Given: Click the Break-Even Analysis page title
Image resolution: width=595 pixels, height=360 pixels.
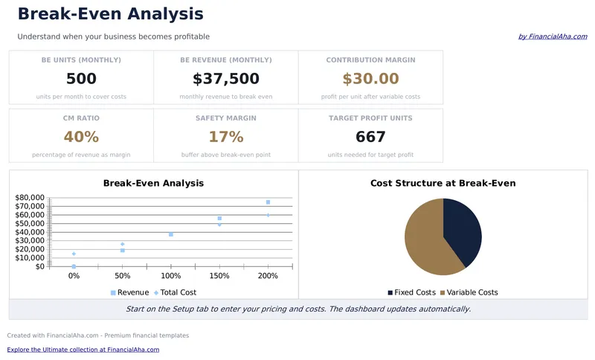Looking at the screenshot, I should (x=110, y=14).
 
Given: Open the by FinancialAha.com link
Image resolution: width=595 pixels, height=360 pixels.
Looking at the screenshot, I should (x=553, y=36).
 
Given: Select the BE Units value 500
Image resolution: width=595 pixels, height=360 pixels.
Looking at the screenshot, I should (x=81, y=79).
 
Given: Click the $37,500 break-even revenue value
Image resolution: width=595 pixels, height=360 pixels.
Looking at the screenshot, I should (x=226, y=79).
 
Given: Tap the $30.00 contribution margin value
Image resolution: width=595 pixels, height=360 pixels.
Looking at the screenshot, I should (x=370, y=79).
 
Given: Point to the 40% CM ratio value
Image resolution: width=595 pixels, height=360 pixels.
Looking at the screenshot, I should (x=81, y=137).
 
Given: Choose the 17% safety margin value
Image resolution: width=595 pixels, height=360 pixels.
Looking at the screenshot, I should (x=226, y=137).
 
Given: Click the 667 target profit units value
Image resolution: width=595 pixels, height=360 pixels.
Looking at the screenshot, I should (x=370, y=137).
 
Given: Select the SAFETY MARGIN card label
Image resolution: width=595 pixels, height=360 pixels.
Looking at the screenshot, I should (x=226, y=118).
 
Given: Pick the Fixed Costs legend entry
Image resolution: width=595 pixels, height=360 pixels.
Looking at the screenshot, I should (x=412, y=292).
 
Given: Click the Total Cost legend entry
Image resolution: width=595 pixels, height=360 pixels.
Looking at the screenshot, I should (x=175, y=292).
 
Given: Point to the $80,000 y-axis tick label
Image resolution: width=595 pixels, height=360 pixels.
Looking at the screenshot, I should (x=30, y=198).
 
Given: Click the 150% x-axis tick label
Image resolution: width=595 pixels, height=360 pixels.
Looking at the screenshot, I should (x=219, y=276).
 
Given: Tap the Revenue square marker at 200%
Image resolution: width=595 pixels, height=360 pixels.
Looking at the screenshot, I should (x=268, y=202).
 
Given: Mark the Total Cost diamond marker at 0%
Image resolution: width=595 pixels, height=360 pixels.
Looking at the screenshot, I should (x=74, y=254).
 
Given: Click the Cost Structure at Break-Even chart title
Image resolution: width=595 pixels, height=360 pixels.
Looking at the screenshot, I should (x=443, y=183).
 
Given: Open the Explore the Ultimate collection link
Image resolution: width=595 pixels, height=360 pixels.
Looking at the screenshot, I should (x=83, y=350).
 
